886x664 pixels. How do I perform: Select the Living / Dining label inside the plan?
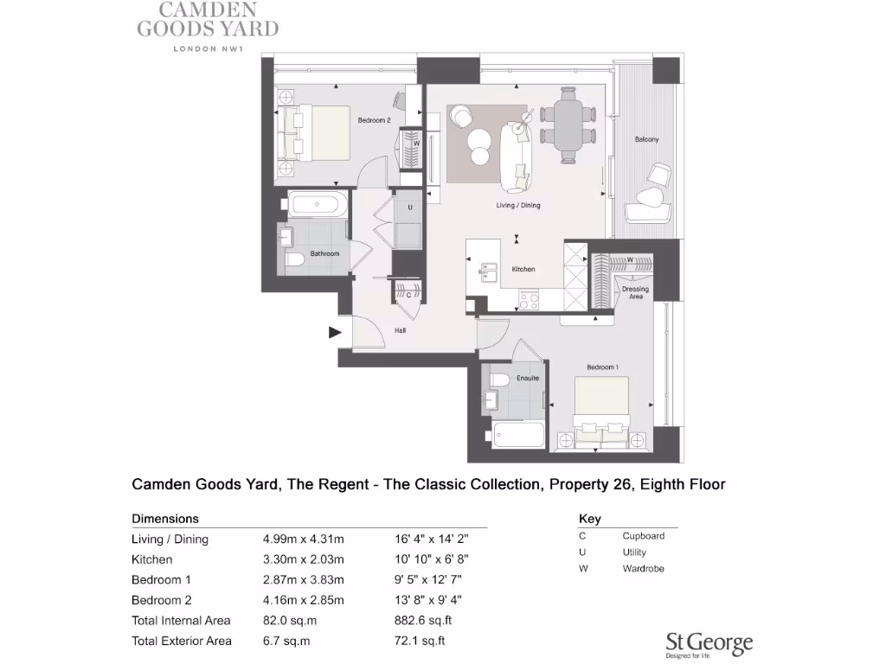coord(517,205)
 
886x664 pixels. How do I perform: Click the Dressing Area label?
coord(635,292)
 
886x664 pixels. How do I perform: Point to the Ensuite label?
coord(528,378)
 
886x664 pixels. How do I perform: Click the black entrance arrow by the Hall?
coord(334,331)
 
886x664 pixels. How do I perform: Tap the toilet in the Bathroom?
coord(294,259)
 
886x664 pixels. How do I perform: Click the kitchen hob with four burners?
coord(528,300)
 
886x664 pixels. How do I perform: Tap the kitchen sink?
coord(487,273)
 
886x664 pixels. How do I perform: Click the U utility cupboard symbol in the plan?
coord(409,208)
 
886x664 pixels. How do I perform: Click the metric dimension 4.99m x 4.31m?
coord(303,539)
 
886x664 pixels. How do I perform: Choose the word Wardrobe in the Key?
coord(643,569)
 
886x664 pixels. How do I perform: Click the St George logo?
coord(709,642)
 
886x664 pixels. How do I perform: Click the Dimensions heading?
coord(165,519)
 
